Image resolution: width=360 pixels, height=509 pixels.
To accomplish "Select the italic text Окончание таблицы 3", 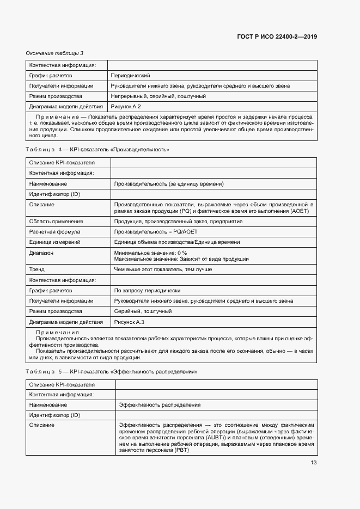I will [x=54, y=53].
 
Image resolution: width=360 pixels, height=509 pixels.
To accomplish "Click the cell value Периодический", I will [x=130, y=76].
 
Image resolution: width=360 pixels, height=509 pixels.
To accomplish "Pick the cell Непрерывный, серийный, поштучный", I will [x=158, y=96].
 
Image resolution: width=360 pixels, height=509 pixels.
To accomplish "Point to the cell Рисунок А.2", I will [x=126, y=107].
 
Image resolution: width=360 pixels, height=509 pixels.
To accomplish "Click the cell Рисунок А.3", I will [x=129, y=322].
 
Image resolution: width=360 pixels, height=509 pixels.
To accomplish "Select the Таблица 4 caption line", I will [x=97, y=149].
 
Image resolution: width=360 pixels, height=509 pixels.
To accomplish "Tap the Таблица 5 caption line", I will [x=111, y=371].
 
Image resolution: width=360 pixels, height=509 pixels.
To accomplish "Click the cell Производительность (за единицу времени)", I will [x=169, y=183].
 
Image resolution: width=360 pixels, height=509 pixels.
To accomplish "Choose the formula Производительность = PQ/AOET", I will [x=156, y=232].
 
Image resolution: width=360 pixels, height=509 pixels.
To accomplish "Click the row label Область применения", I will [x=56, y=222].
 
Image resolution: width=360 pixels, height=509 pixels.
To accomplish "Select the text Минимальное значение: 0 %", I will [x=151, y=253].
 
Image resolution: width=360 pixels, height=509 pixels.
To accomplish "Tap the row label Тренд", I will [x=37, y=269].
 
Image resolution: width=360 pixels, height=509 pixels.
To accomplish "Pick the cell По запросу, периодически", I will [x=147, y=291].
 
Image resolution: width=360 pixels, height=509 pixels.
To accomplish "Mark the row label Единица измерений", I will [x=54, y=242].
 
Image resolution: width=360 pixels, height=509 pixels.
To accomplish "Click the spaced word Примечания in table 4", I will [x=57, y=332].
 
